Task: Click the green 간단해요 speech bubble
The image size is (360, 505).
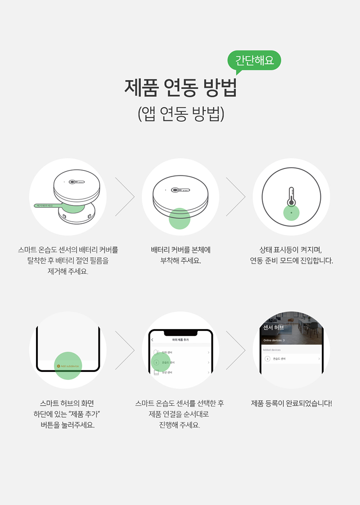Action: (254, 60)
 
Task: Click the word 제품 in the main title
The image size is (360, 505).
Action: (140, 87)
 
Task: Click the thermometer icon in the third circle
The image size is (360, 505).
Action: (291, 197)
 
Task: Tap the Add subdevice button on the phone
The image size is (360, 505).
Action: (68, 366)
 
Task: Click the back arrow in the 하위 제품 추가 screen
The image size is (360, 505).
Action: (153, 340)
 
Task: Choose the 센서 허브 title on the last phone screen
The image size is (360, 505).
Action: (274, 327)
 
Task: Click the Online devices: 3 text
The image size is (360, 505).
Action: (274, 340)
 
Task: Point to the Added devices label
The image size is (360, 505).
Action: (272, 350)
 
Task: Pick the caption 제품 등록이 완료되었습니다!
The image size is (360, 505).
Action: (291, 403)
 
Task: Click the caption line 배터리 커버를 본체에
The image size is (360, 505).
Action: (180, 250)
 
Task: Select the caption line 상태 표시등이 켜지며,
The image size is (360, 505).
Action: (291, 250)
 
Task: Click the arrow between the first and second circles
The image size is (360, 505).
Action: (125, 197)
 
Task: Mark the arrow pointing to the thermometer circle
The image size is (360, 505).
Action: (235, 197)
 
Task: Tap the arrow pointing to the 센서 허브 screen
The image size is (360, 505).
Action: (235, 350)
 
